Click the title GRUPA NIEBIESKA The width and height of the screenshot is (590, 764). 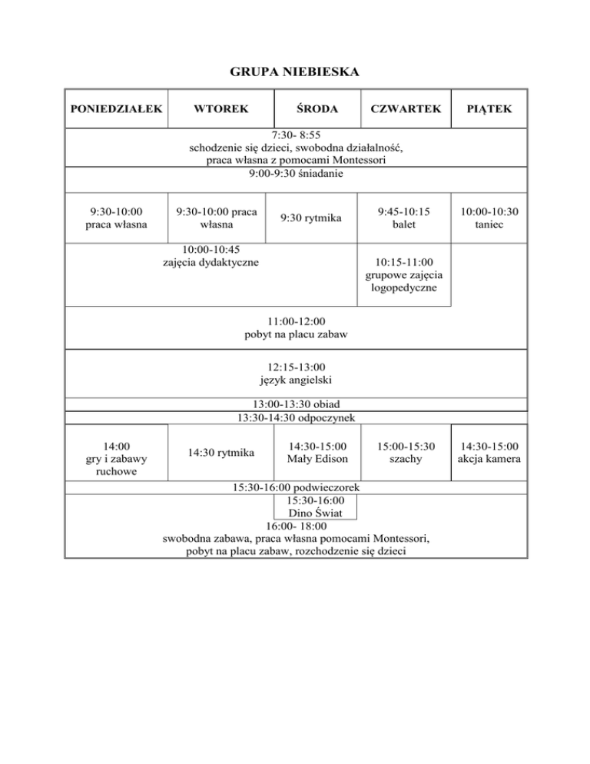(296, 73)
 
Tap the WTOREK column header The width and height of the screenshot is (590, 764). (221, 109)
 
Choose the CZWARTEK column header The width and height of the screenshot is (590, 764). (405, 109)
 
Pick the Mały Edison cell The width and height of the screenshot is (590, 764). (317, 453)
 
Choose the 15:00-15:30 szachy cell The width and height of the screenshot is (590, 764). (406, 453)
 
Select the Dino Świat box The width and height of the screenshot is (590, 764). (316, 508)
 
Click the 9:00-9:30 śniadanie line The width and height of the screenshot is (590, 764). (296, 174)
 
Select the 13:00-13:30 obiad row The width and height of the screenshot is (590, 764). (296, 404)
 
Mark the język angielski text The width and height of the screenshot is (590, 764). (296, 380)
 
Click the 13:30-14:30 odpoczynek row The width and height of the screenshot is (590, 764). (296, 417)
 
